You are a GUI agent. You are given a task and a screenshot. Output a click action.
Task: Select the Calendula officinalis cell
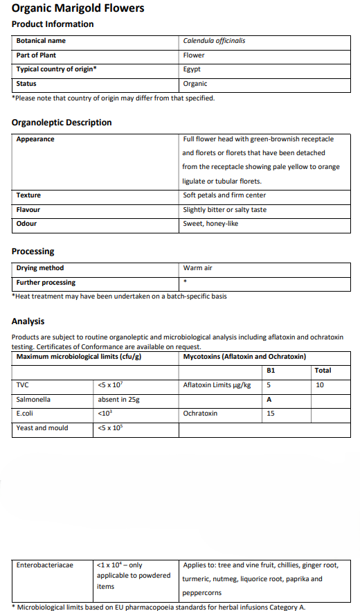click(214, 40)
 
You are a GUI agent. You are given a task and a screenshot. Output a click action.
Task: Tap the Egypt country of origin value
click(192, 69)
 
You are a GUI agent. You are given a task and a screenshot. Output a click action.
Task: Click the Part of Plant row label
click(36, 55)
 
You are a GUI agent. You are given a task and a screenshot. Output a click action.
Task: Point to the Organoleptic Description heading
click(62, 123)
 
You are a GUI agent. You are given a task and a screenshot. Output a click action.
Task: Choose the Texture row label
click(28, 195)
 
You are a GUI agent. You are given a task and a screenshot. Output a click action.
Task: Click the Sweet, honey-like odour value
click(210, 224)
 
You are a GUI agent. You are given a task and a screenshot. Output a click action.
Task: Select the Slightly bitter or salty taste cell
click(224, 210)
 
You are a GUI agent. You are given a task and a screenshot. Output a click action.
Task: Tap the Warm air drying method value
click(197, 268)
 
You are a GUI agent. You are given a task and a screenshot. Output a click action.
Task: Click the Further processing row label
click(46, 283)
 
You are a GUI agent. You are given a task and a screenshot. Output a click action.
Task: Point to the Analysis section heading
click(28, 321)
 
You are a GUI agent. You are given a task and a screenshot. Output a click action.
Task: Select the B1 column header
click(271, 371)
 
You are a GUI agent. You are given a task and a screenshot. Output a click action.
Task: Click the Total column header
click(323, 371)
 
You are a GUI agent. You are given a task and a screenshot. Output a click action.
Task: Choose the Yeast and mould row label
click(42, 428)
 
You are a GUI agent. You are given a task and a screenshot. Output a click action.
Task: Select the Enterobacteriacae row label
click(44, 565)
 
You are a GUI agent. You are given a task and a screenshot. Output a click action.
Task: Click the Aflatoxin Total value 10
click(319, 385)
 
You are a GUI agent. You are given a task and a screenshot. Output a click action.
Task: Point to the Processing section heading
click(33, 251)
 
